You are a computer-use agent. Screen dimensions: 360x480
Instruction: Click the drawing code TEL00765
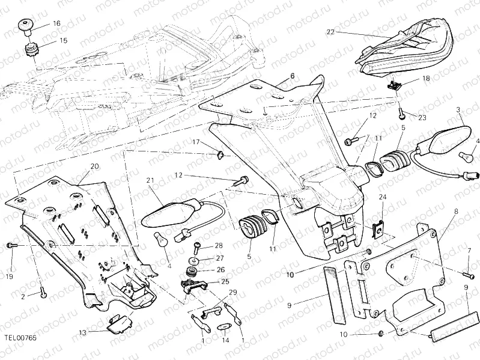coord(20,338)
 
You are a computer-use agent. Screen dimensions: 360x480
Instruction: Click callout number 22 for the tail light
coord(330,31)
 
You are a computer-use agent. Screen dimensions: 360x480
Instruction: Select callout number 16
coord(56,23)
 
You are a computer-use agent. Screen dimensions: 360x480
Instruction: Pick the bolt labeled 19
coord(11,246)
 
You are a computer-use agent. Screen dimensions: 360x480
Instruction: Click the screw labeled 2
coord(43,293)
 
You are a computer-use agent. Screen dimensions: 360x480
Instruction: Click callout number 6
coord(293,76)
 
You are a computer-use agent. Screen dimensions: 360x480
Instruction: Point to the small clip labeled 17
coord(220,156)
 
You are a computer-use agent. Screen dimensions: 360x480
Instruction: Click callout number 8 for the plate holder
coord(456,212)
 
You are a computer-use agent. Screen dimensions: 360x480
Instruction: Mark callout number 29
coord(232,291)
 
